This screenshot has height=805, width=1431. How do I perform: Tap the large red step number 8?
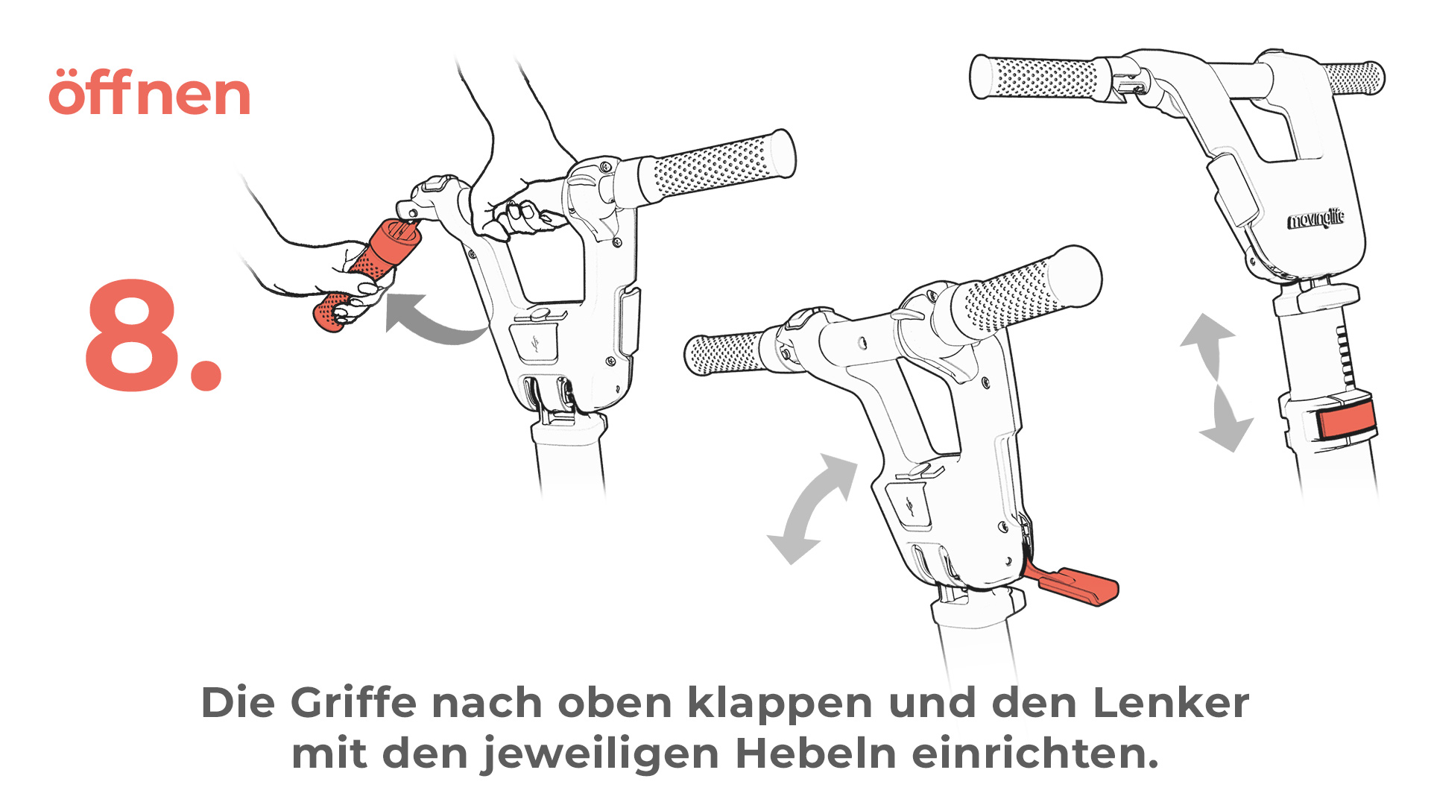tap(153, 335)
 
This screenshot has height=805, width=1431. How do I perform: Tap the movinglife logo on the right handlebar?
tap(1316, 219)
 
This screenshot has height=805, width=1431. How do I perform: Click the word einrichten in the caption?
tap(1035, 753)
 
